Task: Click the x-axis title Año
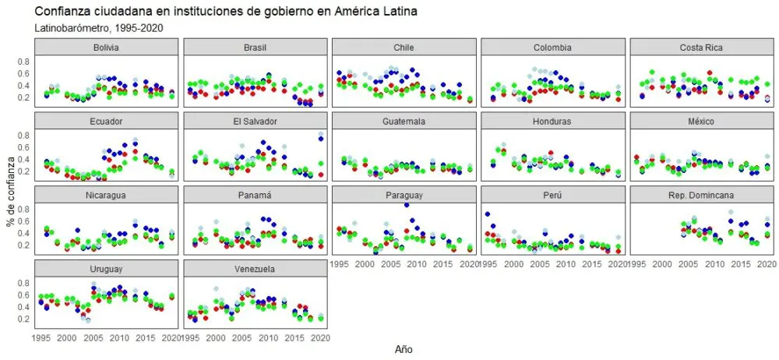point(403,350)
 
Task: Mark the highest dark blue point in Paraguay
point(407,205)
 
